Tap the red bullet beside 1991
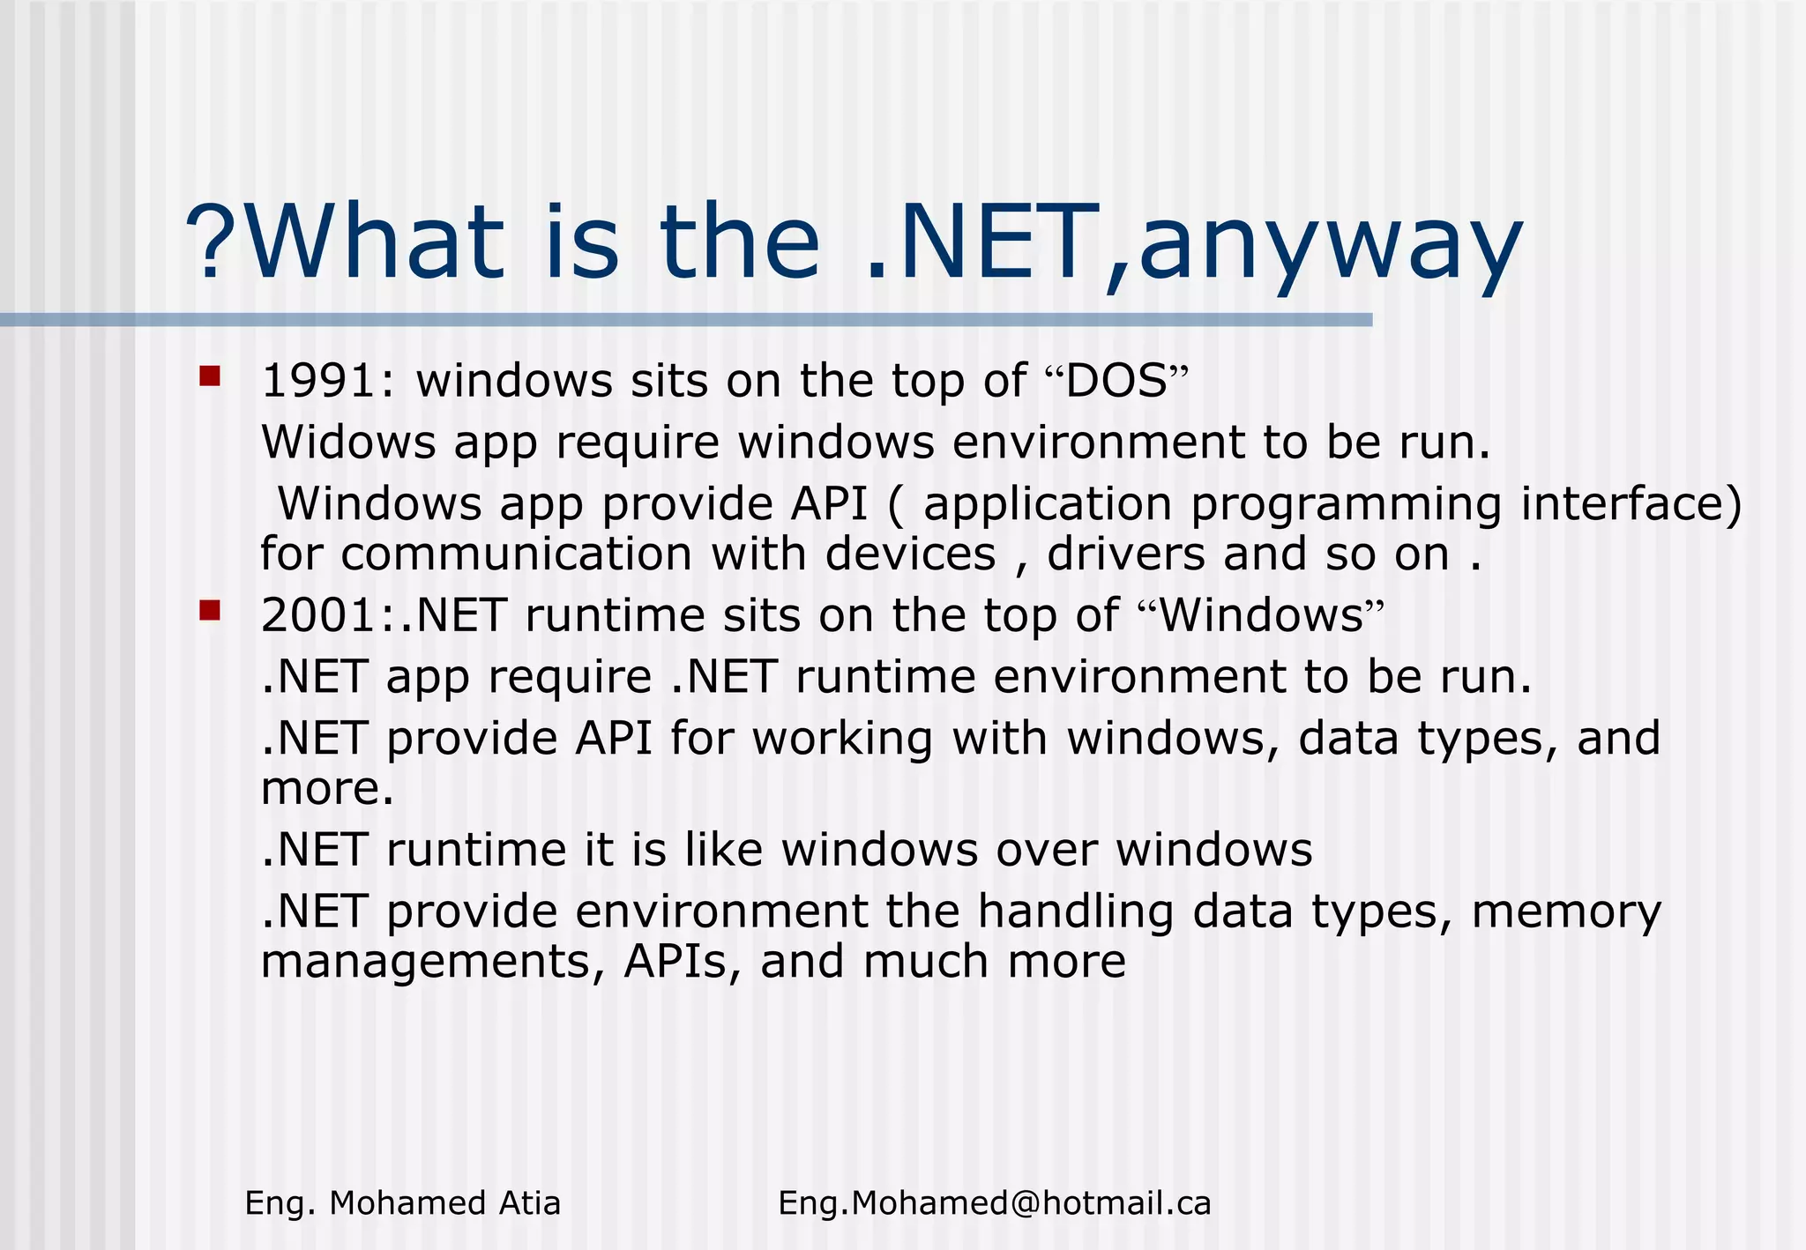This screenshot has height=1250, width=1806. [210, 377]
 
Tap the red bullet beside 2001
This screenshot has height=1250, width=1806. [210, 611]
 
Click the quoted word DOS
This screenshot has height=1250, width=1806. [1116, 382]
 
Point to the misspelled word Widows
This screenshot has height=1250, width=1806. [348, 442]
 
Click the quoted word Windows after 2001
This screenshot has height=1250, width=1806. [1261, 614]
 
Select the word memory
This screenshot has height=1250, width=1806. [1566, 912]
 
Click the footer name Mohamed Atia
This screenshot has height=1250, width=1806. [444, 1203]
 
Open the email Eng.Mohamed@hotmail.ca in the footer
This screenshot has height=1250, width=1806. [994, 1203]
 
